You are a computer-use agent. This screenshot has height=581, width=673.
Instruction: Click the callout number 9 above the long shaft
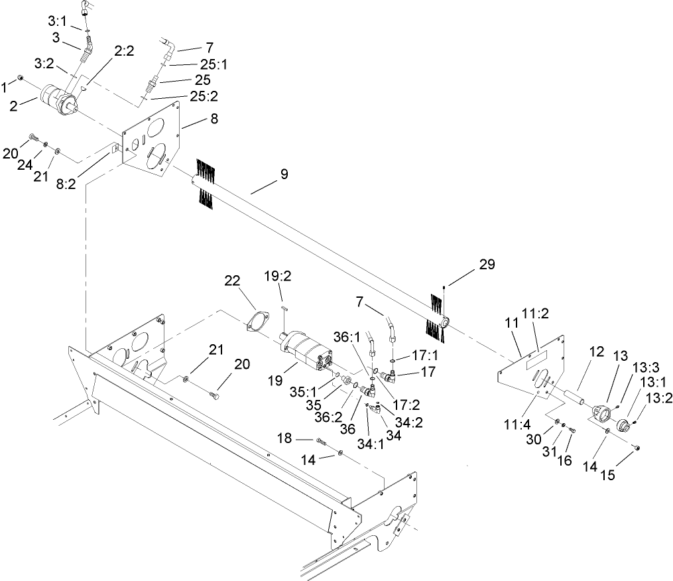coord(284,174)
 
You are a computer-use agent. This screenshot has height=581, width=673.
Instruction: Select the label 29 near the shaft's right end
coord(487,264)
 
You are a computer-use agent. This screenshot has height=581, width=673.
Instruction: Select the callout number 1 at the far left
coord(5,86)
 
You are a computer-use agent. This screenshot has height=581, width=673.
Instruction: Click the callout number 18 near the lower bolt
coord(283,439)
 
